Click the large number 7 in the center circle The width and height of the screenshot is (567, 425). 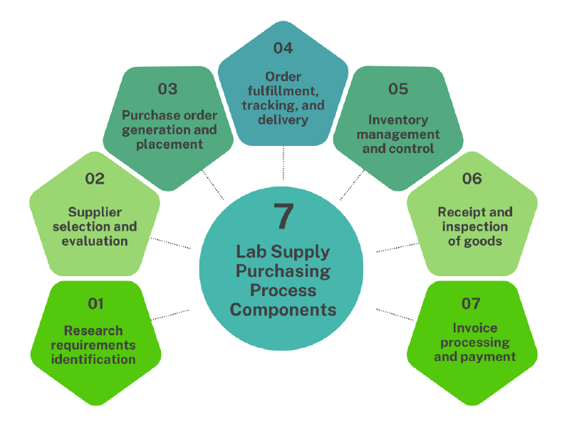point(283,216)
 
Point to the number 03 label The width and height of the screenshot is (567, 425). point(168,89)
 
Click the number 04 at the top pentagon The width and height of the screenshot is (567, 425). point(283,48)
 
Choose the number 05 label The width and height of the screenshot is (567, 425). point(398,89)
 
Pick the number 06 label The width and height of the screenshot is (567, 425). point(472,179)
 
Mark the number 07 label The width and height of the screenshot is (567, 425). point(472,304)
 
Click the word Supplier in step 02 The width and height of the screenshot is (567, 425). point(95,212)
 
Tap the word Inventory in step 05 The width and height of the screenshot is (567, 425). point(398,120)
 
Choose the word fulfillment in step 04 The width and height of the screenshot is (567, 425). point(283,91)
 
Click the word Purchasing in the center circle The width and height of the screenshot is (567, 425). point(283,271)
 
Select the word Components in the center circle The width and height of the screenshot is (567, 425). point(283,310)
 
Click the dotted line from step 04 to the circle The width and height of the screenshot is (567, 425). point(283,163)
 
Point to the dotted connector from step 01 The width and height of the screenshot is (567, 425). point(171,314)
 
